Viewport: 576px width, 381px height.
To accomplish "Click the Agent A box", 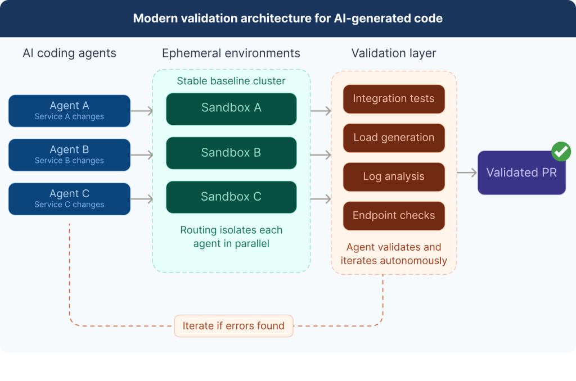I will [x=69, y=111].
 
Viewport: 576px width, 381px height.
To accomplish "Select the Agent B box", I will [x=69, y=155].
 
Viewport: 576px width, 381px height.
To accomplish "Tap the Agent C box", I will [x=69, y=198].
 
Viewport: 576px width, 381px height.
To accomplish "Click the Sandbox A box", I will [x=231, y=108].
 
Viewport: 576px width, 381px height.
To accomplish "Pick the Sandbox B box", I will [x=231, y=153].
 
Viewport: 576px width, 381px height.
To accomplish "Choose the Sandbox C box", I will [x=231, y=197].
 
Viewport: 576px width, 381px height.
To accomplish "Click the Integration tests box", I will [x=394, y=99].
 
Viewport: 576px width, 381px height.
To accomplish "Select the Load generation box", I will [x=394, y=138].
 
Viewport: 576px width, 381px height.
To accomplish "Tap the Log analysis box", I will [x=394, y=176].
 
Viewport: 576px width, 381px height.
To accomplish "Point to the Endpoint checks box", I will [x=394, y=215].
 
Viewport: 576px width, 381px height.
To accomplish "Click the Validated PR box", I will [x=521, y=173].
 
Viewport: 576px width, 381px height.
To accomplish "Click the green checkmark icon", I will [x=561, y=151].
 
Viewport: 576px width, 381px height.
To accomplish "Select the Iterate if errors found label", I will [x=233, y=326].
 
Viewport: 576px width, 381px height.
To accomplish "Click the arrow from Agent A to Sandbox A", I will [x=142, y=111].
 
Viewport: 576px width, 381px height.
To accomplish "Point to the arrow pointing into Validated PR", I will [x=467, y=173].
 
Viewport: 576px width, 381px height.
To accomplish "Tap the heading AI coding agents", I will [x=69, y=53].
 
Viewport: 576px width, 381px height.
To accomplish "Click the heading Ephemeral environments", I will [x=231, y=53].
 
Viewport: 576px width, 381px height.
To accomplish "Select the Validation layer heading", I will [x=394, y=53].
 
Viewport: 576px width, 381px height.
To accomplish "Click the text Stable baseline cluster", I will [x=231, y=81].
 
